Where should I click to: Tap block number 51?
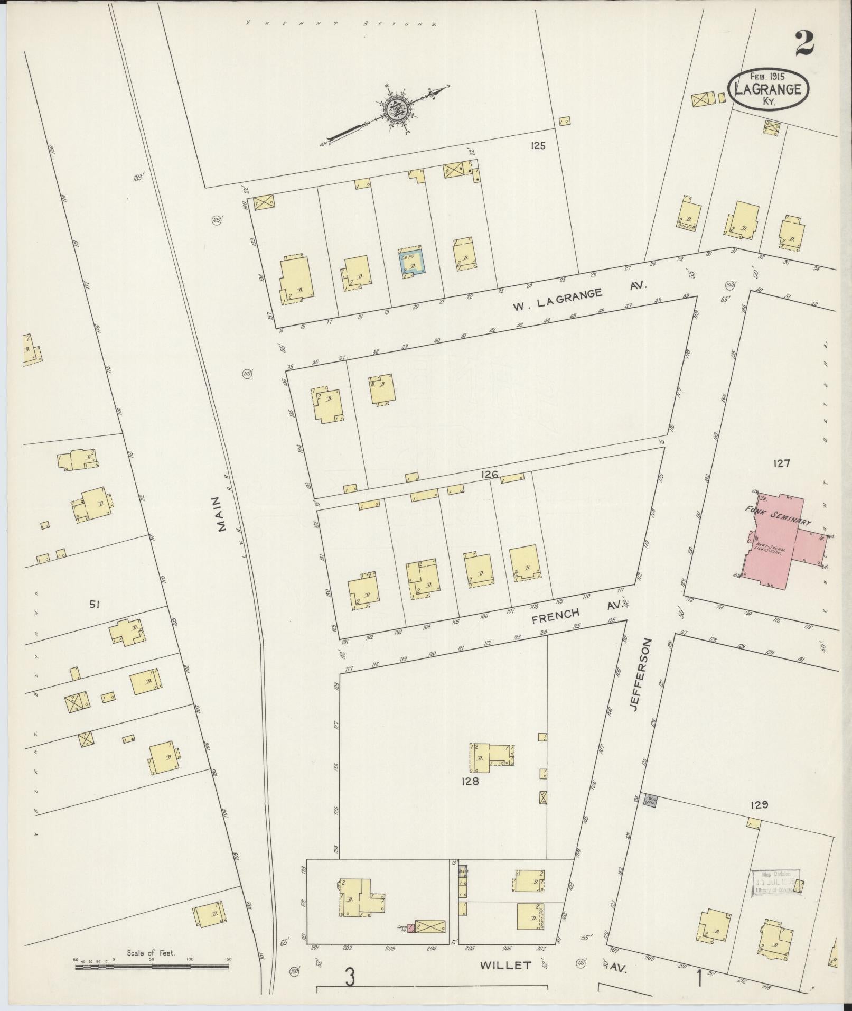tap(95, 605)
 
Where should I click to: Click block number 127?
tap(781, 463)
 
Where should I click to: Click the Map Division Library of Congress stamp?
tap(776, 883)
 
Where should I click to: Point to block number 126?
tap(489, 475)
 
